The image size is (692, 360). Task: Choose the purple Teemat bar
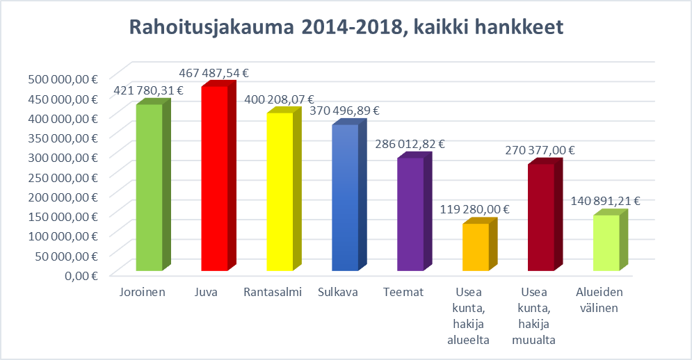click(410, 215)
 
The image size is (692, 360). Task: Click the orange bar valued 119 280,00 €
click(475, 247)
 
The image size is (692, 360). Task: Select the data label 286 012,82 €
click(410, 145)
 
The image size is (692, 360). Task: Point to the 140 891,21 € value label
click(606, 202)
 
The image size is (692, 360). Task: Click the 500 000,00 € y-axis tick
click(63, 79)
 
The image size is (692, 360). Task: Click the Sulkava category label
click(338, 292)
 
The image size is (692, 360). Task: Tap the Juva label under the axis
click(207, 292)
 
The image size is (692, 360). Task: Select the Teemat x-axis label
click(403, 292)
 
